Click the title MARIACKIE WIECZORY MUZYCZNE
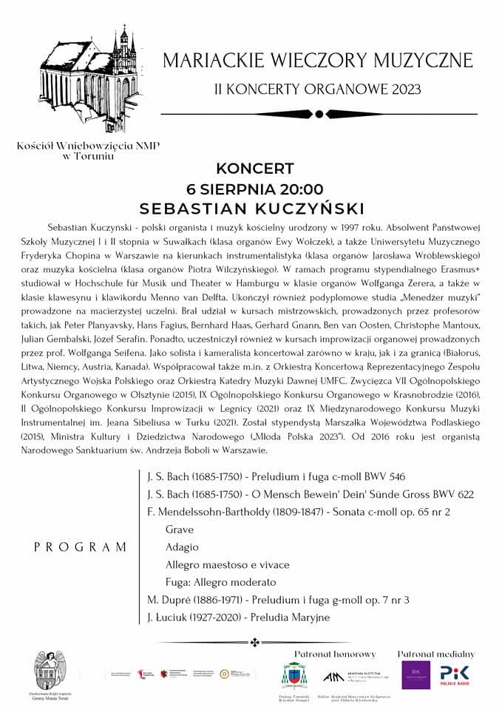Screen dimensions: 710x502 tap(318, 61)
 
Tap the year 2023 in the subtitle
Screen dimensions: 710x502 tap(404, 89)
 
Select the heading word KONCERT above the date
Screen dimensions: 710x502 tap(255, 169)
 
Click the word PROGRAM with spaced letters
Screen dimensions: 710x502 tap(81, 547)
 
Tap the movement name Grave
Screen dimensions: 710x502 tap(180, 530)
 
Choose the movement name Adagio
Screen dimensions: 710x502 tap(183, 547)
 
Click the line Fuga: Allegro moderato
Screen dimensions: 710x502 tap(220, 582)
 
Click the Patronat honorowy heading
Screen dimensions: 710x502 tap(335, 654)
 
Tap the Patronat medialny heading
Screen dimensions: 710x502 tap(436, 654)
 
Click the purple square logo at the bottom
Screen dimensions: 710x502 tap(415, 674)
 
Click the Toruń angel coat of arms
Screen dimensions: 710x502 tap(50, 670)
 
